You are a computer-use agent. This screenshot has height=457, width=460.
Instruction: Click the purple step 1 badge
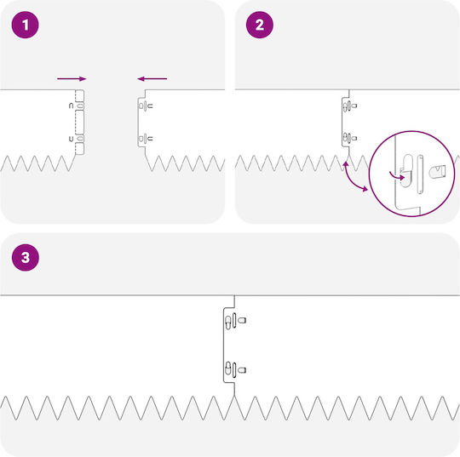pyautogui.click(x=26, y=25)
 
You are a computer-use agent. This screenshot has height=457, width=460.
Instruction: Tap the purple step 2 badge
pyautogui.click(x=260, y=25)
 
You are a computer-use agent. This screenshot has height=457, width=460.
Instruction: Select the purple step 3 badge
pyautogui.click(x=26, y=257)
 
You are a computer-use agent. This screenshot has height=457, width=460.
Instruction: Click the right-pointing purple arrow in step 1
pyautogui.click(x=72, y=78)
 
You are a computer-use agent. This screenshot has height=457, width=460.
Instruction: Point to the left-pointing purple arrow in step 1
pyautogui.click(x=152, y=78)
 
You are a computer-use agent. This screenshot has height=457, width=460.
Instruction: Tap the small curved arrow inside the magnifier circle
pyautogui.click(x=397, y=176)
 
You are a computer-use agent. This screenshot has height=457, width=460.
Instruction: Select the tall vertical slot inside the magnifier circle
pyautogui.click(x=420, y=174)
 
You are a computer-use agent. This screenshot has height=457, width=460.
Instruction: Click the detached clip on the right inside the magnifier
pyautogui.click(x=437, y=172)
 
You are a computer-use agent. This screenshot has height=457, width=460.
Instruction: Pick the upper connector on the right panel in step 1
pyautogui.click(x=146, y=106)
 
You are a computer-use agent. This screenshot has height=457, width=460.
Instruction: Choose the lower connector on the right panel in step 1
pyautogui.click(x=146, y=138)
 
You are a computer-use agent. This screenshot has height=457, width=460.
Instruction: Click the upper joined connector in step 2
pyautogui.click(x=350, y=106)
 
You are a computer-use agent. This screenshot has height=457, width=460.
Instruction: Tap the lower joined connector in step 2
pyautogui.click(x=350, y=138)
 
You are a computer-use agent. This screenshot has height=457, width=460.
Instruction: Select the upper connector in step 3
pyautogui.click(x=235, y=320)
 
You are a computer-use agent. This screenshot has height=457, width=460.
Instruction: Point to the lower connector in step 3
pyautogui.click(x=235, y=370)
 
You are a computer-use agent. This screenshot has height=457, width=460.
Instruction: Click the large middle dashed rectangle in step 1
pyautogui.click(x=79, y=123)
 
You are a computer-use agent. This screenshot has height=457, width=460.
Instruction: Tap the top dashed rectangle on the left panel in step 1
pyautogui.click(x=79, y=95)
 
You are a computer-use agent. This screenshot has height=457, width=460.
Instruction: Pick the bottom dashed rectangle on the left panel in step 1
pyautogui.click(x=79, y=149)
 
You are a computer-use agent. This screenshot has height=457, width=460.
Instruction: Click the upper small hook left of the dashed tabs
pyautogui.click(x=71, y=106)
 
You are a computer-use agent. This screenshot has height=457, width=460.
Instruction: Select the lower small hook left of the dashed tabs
pyautogui.click(x=71, y=139)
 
